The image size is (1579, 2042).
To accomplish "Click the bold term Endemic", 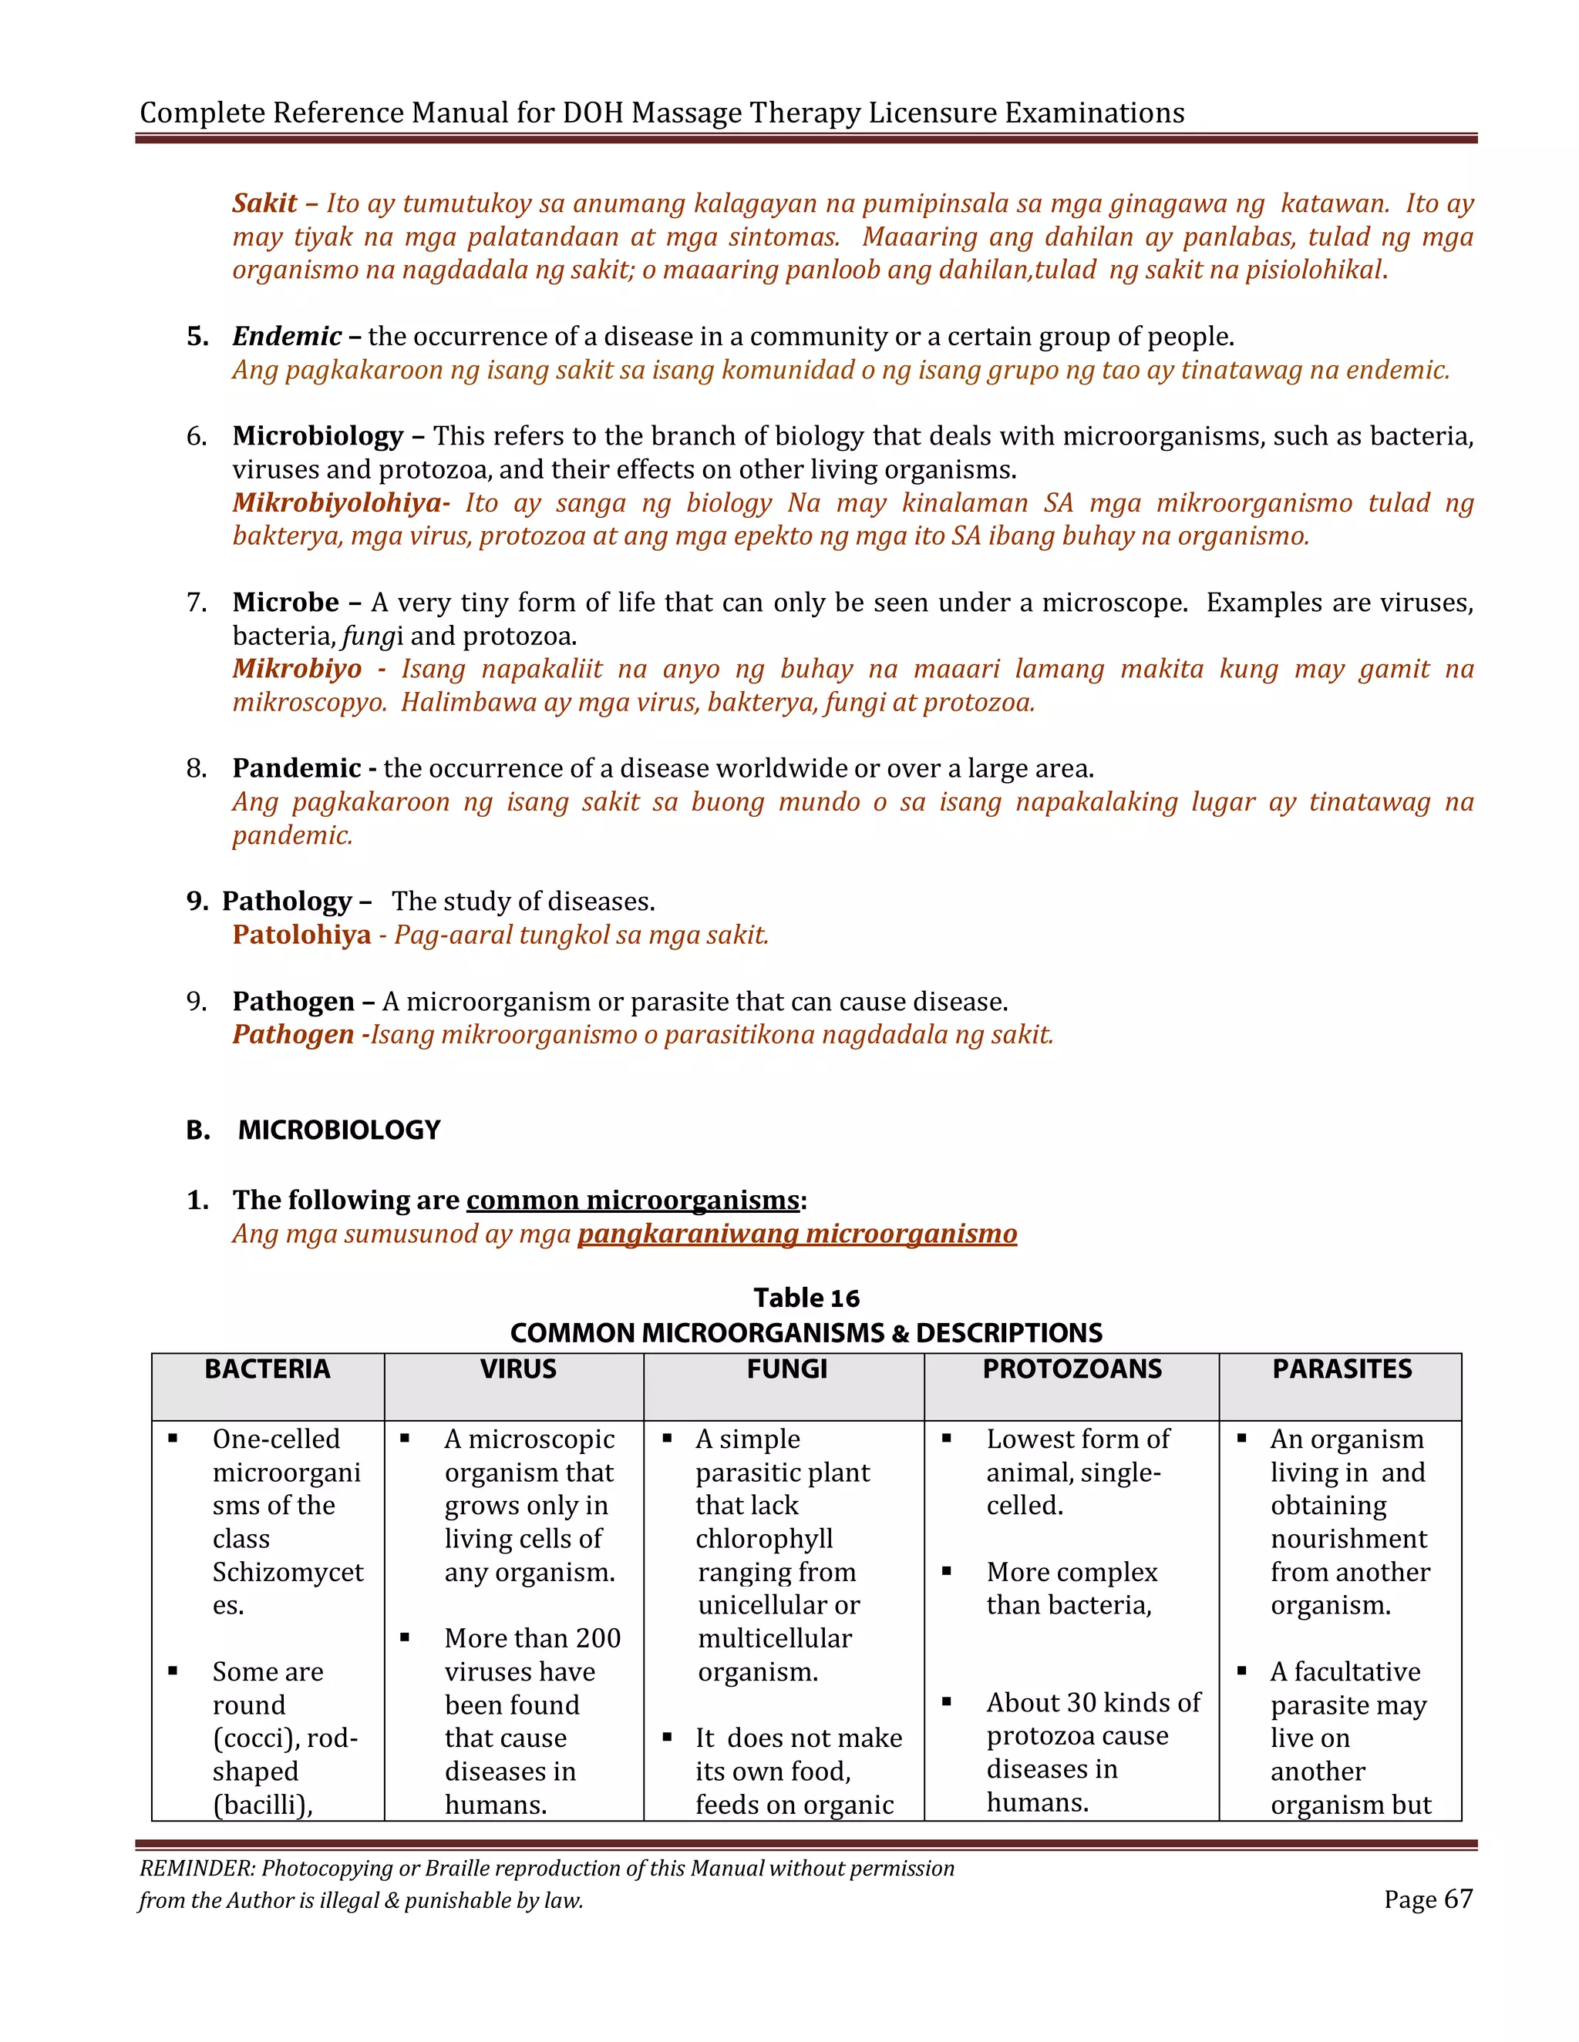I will point(287,337).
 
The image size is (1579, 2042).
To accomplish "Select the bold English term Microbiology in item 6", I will point(318,437).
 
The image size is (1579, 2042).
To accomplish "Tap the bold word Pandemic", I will point(297,768).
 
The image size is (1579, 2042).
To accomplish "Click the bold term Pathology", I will point(286,902).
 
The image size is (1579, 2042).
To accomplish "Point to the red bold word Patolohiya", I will point(301,935).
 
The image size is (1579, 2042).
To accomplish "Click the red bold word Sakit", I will point(264,204).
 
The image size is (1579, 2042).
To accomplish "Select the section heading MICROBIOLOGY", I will point(338,1130).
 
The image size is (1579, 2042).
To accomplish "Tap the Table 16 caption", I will point(806,1298).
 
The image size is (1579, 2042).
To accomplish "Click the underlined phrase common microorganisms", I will point(633,1201).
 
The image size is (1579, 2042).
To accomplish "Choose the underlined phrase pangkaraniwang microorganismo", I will point(797,1234).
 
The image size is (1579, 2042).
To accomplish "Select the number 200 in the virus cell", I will point(598,1638).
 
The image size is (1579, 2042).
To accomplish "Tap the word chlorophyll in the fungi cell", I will point(764,1539).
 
